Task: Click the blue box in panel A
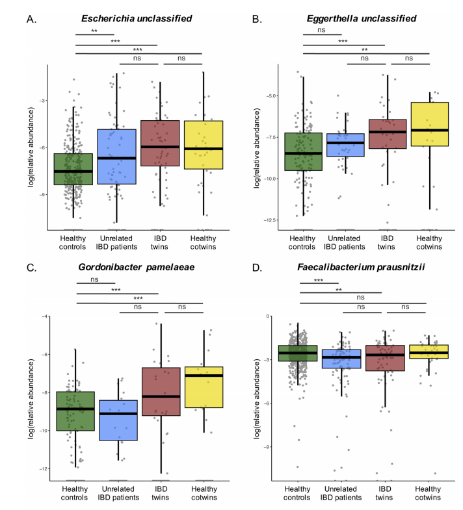pyautogui.click(x=117, y=157)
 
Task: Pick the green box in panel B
pyautogui.click(x=303, y=151)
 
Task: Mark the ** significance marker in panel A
pyautogui.click(x=95, y=30)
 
